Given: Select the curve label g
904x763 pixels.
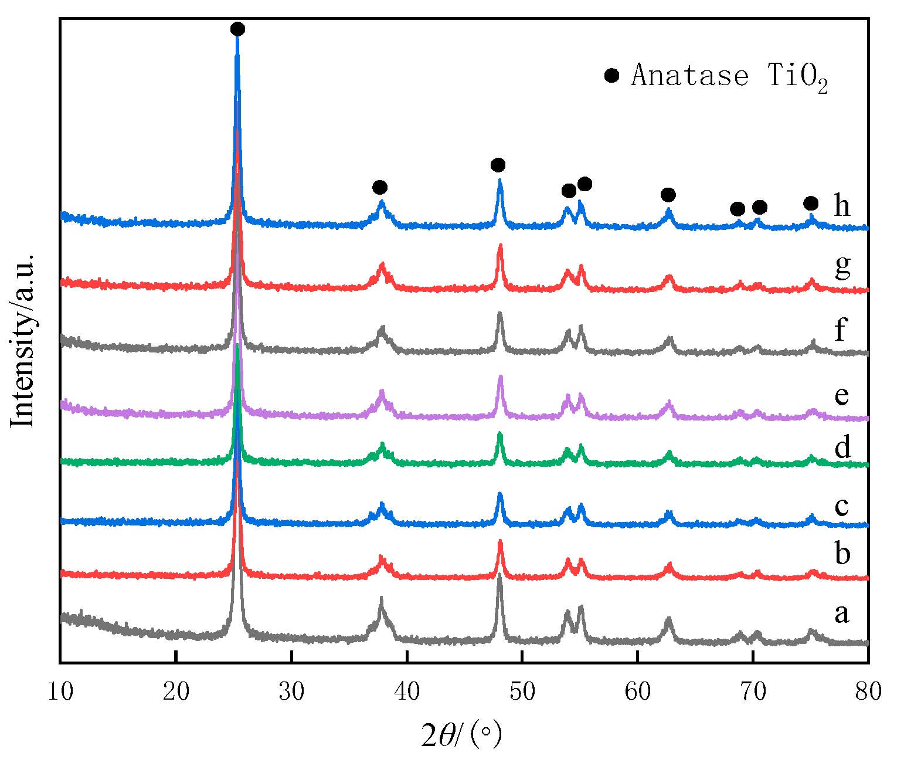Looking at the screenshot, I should click(x=842, y=267).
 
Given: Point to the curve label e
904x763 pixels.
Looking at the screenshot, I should click(x=842, y=396).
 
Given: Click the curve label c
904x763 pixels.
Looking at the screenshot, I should click(x=842, y=506).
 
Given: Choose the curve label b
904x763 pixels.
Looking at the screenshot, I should click(x=842, y=553).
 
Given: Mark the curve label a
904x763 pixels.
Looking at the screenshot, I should click(x=842, y=614).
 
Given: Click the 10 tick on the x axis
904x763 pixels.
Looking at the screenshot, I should click(x=60, y=692).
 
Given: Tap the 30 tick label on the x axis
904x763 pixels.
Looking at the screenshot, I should click(x=291, y=692).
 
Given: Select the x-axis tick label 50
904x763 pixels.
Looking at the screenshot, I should click(x=522, y=692).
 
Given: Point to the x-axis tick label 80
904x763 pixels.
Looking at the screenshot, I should click(x=868, y=692).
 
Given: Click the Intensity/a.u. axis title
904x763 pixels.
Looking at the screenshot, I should click(x=24, y=340).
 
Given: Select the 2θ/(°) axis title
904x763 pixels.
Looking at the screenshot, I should click(x=462, y=735).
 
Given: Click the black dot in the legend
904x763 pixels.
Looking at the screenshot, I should click(x=611, y=76).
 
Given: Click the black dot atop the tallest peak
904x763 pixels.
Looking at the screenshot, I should click(x=237, y=29).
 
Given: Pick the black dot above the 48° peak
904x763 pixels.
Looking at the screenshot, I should click(x=498, y=164).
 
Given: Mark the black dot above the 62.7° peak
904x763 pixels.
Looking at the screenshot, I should click(x=668, y=195).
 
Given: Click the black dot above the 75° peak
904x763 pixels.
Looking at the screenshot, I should click(x=811, y=204).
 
